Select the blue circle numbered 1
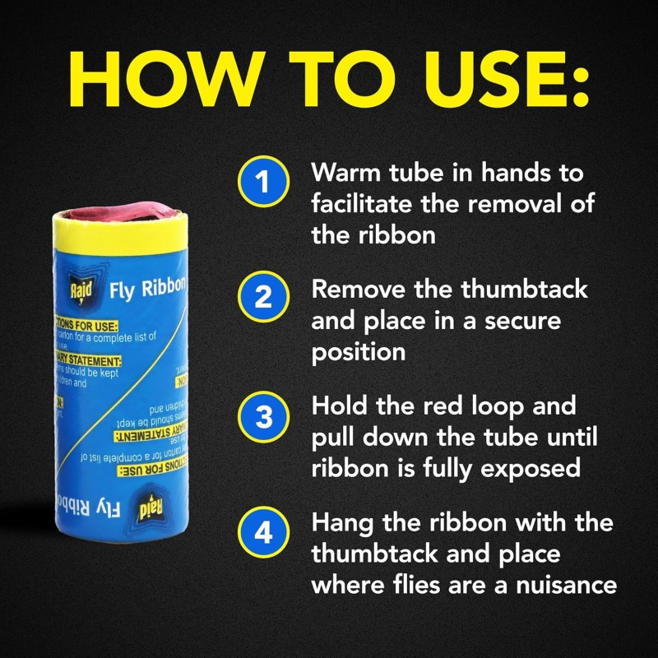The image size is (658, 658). click(263, 182)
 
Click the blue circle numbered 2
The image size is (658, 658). click(263, 296)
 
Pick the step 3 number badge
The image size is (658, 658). click(263, 417)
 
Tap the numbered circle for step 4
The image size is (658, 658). click(263, 532)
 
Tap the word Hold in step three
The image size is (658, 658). click(341, 407)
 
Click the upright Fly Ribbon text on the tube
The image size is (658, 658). click(147, 289)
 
